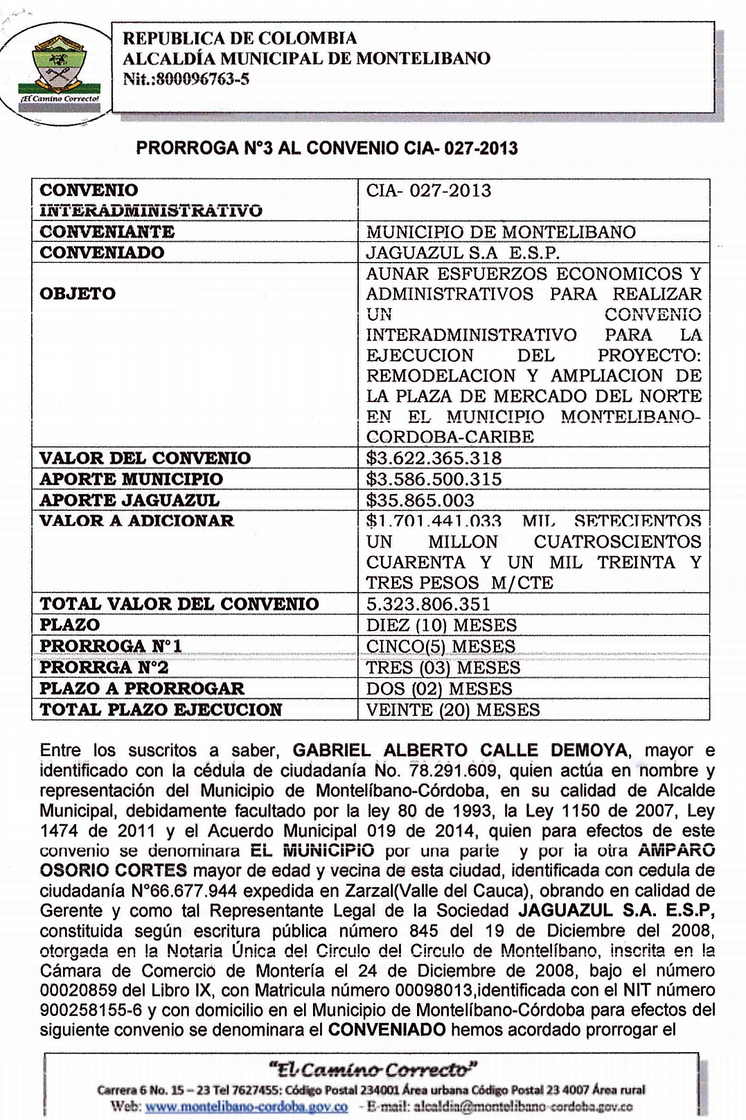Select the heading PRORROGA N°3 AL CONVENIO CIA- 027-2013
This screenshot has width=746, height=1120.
327,148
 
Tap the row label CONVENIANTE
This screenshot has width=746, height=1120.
107,231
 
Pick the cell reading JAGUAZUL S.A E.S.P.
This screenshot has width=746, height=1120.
463,252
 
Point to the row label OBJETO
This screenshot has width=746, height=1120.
78,294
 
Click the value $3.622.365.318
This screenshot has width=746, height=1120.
434,458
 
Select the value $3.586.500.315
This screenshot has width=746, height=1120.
434,479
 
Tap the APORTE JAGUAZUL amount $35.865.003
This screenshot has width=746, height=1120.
420,500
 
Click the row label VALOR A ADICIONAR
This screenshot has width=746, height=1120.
136,520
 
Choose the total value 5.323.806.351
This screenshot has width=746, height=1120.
428,604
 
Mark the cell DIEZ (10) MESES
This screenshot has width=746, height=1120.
441,625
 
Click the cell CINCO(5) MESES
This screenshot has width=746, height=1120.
441,647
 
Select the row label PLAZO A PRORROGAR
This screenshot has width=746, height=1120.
142,688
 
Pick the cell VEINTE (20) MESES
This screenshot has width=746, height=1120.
453,710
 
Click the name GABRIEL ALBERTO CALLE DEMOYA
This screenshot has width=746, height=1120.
460,751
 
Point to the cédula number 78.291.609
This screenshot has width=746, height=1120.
453,771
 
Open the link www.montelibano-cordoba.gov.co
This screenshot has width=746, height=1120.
247,1106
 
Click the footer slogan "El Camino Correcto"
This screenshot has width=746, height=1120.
373,1069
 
